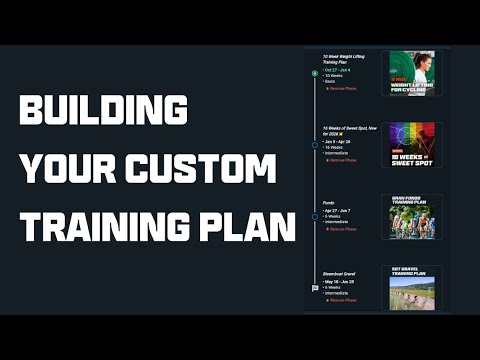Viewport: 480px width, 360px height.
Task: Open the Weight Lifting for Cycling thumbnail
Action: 412,73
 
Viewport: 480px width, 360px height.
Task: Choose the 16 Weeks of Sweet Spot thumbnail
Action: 412,144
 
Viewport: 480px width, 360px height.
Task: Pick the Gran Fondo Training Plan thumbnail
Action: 412,216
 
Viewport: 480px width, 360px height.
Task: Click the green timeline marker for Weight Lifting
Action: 315,74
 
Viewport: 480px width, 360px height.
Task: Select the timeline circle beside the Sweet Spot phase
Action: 315,145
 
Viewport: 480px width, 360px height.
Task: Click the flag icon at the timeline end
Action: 315,287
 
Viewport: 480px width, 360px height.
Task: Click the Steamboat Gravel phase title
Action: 342,274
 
